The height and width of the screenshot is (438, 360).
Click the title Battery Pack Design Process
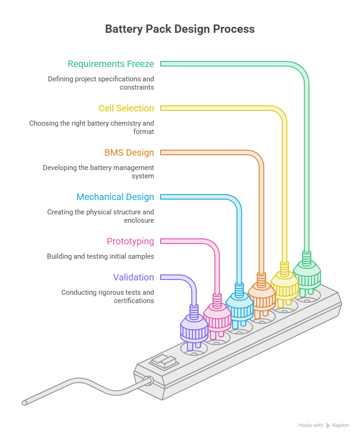coord(180,29)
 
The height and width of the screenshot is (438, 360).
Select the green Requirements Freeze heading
coord(111,64)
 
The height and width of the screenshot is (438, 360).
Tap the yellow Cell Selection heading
coord(126,108)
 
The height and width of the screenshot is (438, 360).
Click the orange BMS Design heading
coord(129,152)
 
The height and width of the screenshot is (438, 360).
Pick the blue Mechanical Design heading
coord(115,197)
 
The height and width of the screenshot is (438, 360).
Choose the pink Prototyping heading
coord(130,241)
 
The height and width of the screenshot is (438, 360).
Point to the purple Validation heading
coord(133,277)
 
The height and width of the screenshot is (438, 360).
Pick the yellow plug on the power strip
coord(284,286)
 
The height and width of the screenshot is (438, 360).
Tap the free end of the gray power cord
coord(24,403)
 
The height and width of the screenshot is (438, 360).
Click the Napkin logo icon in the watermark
coord(328,426)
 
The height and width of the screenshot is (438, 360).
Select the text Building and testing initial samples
coord(101,256)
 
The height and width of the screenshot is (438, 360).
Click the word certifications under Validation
coord(134,301)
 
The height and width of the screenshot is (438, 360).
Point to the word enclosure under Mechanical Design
coord(139,220)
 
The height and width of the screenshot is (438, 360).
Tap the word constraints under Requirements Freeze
coord(137,87)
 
